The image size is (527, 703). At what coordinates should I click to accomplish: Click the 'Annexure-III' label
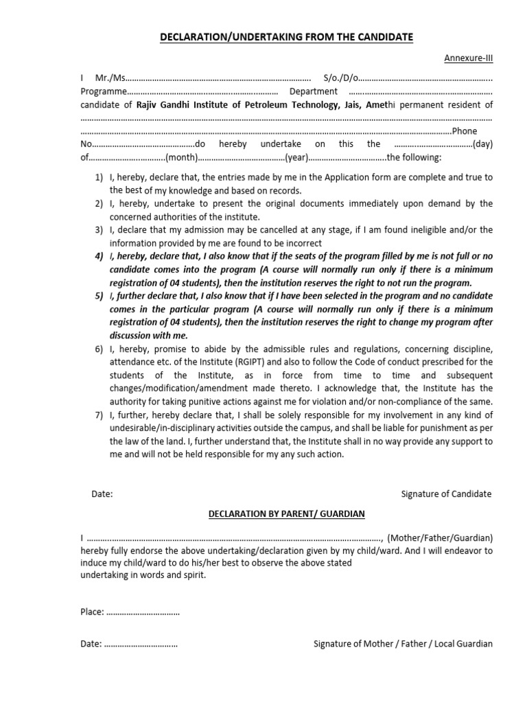point(468,58)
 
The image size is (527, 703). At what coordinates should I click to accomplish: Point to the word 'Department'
point(314,91)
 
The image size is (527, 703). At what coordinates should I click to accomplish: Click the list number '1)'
point(99,178)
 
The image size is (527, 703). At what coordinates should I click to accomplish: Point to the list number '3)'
point(99,230)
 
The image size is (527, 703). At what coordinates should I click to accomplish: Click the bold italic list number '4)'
point(99,256)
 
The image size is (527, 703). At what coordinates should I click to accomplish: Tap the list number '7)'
point(99,415)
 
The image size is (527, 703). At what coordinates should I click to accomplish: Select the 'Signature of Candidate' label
point(446,494)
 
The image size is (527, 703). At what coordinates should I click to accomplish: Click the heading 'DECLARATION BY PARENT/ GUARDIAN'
point(286,514)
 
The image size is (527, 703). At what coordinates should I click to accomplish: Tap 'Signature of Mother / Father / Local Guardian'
point(403,644)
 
